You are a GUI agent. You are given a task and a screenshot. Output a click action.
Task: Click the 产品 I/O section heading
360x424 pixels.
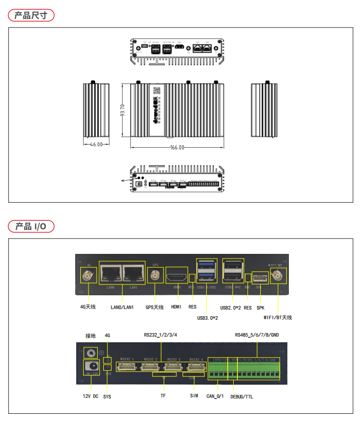(x=31, y=226)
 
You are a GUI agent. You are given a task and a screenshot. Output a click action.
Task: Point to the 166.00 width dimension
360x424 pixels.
(x=177, y=148)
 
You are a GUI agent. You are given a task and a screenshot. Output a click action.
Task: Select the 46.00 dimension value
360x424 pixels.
(x=96, y=145)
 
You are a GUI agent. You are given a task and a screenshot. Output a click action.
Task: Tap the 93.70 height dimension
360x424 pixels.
(x=123, y=110)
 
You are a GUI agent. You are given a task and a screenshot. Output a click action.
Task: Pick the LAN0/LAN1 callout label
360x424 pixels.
(x=122, y=307)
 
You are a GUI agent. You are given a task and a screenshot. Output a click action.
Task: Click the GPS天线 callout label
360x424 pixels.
(x=154, y=307)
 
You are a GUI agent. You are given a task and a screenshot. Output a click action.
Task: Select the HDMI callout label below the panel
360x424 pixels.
(x=176, y=307)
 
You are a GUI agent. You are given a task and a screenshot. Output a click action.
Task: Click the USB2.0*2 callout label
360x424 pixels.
(x=231, y=308)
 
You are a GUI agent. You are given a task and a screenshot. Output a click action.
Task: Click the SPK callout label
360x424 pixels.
(x=261, y=308)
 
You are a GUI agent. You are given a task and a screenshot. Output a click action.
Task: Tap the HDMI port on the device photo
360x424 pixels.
(x=177, y=276)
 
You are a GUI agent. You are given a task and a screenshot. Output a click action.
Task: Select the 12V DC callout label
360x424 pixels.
(x=91, y=396)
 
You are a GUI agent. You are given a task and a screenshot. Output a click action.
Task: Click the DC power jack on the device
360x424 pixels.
(x=92, y=366)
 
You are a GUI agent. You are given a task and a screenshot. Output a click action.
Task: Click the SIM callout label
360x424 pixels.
(x=194, y=396)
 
